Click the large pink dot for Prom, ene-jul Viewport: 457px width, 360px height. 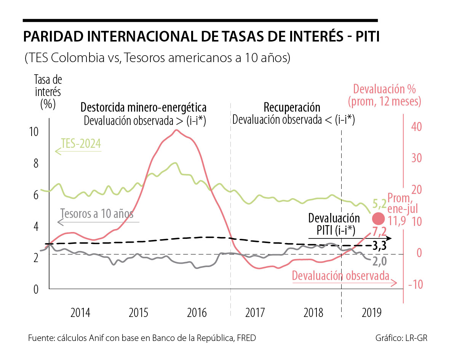click(x=379, y=218)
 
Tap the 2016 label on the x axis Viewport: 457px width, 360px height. click(x=197, y=313)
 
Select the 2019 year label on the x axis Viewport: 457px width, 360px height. click(x=372, y=313)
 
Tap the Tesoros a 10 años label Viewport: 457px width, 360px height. click(x=97, y=214)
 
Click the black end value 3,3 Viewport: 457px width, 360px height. click(x=379, y=246)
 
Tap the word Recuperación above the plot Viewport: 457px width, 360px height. click(x=292, y=107)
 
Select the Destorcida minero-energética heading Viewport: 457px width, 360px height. click(x=143, y=107)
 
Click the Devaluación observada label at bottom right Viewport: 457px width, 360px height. click(x=341, y=275)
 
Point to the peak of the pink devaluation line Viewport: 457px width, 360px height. click(x=176, y=130)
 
